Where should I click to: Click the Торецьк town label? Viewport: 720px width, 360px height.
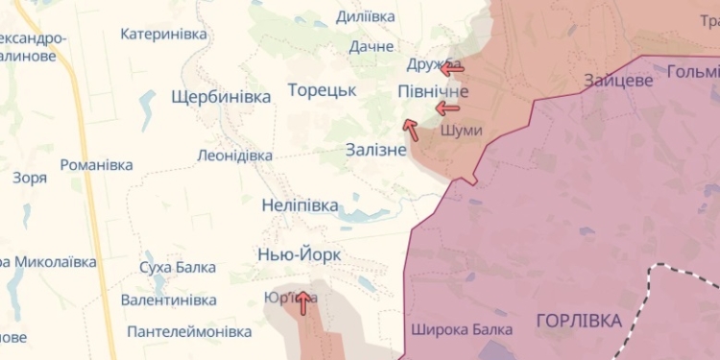pyautogui.click(x=322, y=90)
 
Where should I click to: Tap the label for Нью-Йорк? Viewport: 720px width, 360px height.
pyautogui.click(x=299, y=255)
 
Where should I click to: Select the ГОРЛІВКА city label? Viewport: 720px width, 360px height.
pyautogui.click(x=578, y=321)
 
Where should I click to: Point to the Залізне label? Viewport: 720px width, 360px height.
pyautogui.click(x=376, y=150)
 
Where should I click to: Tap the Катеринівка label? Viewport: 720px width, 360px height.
pyautogui.click(x=163, y=34)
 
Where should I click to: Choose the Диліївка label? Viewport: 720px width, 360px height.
pyautogui.click(x=366, y=16)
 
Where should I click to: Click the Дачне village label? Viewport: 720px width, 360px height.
pyautogui.click(x=372, y=46)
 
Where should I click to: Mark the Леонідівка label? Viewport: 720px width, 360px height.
pyautogui.click(x=234, y=155)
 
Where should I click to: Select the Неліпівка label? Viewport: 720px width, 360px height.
pyautogui.click(x=300, y=205)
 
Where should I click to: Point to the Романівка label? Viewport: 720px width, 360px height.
pyautogui.click(x=96, y=164)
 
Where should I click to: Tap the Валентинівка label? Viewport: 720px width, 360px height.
pyautogui.click(x=168, y=300)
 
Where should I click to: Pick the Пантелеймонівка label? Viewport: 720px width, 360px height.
pyautogui.click(x=189, y=331)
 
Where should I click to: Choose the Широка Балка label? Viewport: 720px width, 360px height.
pyautogui.click(x=461, y=329)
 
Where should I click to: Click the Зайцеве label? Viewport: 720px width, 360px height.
pyautogui.click(x=618, y=81)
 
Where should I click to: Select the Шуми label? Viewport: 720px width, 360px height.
pyautogui.click(x=460, y=130)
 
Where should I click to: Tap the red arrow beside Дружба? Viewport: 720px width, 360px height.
pyautogui.click(x=450, y=67)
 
